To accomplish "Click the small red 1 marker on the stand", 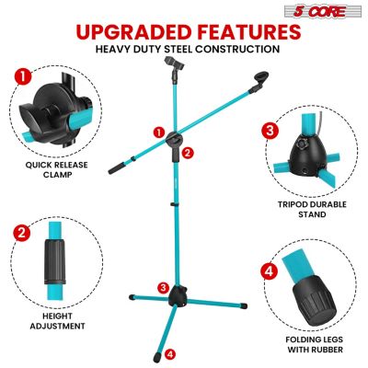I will click(159, 132).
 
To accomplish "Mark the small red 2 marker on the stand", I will click(188, 152).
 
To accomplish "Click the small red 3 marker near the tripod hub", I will click(163, 287).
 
